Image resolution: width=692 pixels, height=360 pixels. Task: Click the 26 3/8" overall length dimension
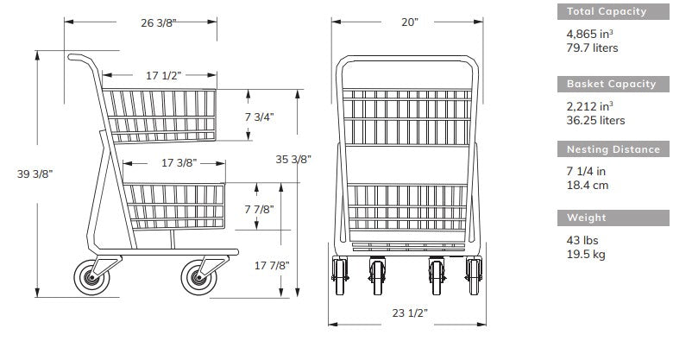159,22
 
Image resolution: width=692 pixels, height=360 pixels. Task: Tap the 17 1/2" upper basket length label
164,75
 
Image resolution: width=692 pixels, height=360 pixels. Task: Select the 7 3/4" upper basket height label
260,117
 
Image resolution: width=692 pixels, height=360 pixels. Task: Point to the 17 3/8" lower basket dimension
179,163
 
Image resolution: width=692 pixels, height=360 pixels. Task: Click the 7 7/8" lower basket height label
260,209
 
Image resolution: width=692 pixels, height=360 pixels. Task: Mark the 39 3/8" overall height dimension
35,174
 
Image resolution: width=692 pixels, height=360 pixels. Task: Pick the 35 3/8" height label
293,159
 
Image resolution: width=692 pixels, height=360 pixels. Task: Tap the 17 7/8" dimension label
272,266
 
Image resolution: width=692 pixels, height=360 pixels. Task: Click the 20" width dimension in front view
410,22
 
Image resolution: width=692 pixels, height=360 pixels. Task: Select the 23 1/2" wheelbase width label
410,313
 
